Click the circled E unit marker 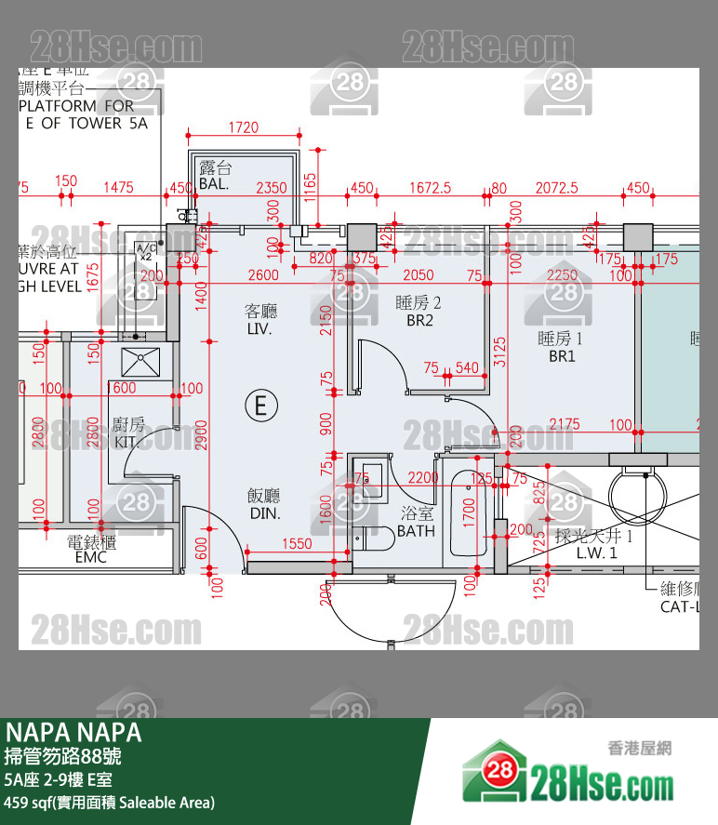click(x=261, y=406)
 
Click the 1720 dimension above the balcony click(x=243, y=127)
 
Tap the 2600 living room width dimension click(x=263, y=275)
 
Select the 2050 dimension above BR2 click(x=419, y=275)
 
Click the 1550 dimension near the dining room click(x=297, y=544)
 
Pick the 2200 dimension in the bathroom click(x=423, y=478)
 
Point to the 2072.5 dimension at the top click(x=556, y=188)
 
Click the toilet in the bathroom click(x=376, y=540)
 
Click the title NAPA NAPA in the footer click(x=73, y=732)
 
